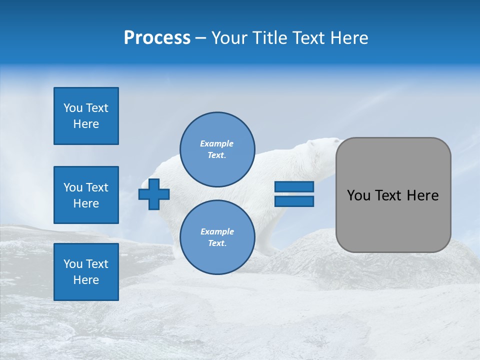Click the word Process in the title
[157, 38]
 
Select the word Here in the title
[348, 38]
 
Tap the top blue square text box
[86, 116]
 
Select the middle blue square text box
[86, 195]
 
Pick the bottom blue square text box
[86, 272]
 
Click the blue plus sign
[154, 194]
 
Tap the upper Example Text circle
[217, 149]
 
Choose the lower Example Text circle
[217, 237]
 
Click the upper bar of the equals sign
[294, 187]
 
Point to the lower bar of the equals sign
[294, 201]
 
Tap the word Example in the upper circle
[217, 143]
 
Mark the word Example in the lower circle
[217, 231]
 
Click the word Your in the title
[227, 38]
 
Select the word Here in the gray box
[422, 195]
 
